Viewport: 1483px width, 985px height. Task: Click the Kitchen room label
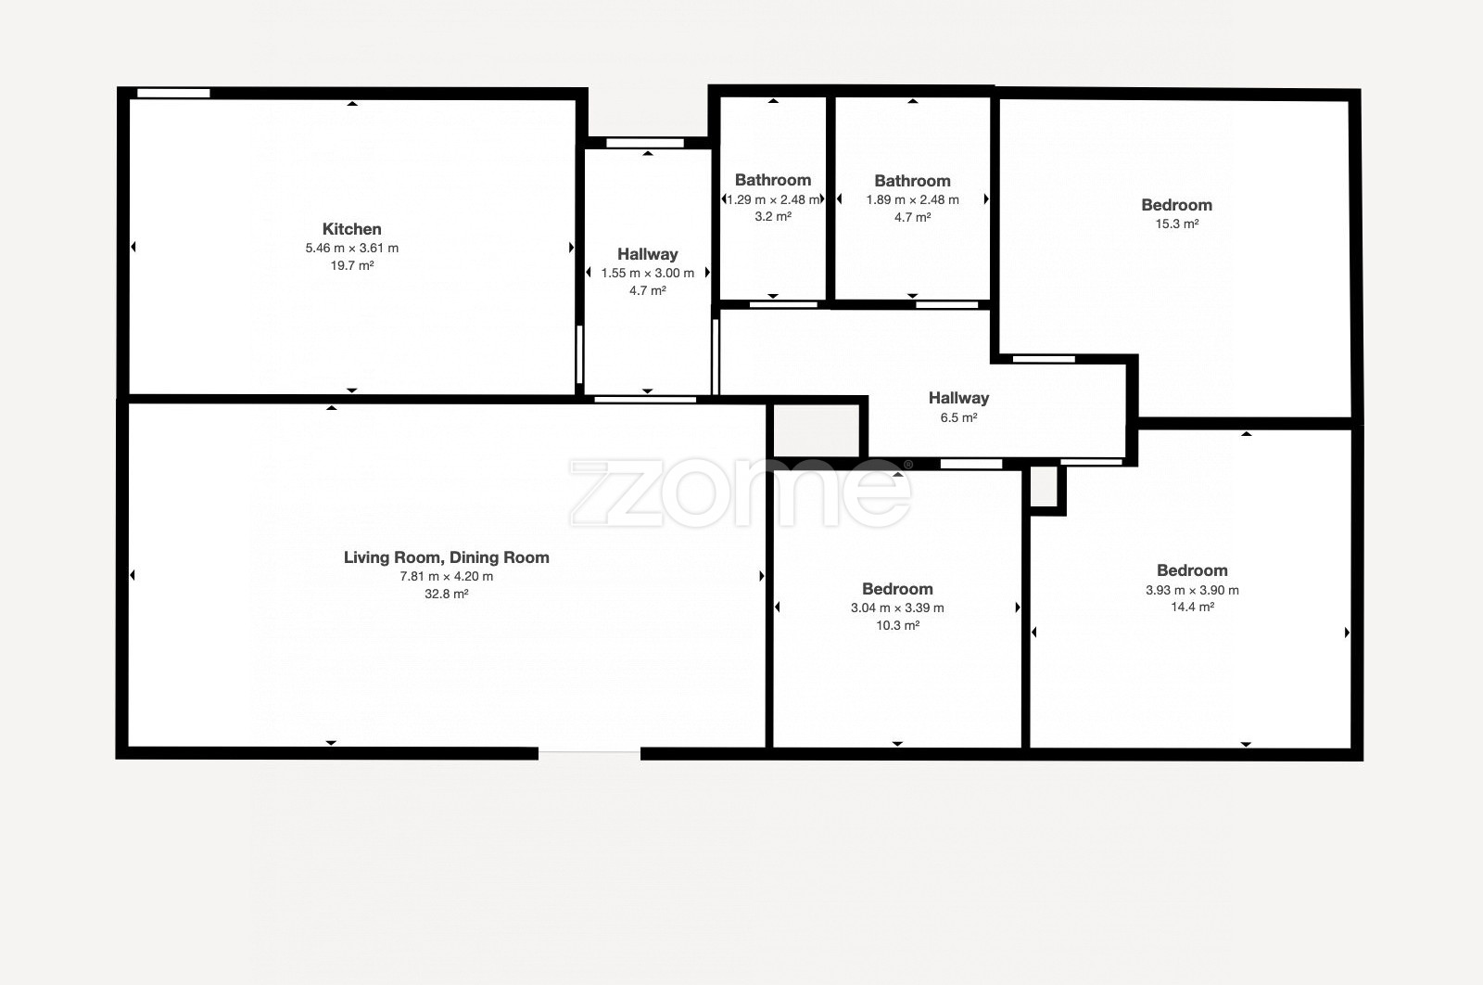[351, 229]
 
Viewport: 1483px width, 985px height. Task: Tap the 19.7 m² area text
[352, 265]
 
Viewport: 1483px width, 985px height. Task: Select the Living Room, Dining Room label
[446, 557]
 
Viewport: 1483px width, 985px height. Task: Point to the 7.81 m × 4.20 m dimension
[446, 576]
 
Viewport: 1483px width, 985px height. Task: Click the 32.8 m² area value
[446, 595]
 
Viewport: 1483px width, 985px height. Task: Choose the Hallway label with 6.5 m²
[958, 398]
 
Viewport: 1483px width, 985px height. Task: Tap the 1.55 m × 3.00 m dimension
[648, 273]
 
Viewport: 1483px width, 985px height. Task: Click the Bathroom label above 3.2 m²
[773, 180]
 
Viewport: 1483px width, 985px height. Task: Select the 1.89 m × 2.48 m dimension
[912, 200]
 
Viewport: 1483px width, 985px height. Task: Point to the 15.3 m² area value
[1177, 224]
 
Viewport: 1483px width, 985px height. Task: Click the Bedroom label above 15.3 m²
[1176, 205]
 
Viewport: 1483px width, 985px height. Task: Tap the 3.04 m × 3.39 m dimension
[897, 608]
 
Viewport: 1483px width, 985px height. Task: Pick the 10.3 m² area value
[898, 625]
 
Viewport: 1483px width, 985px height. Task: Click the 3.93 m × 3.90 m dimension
[1192, 590]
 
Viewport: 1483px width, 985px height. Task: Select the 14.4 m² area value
[1192, 607]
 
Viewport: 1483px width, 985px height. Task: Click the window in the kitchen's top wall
[173, 94]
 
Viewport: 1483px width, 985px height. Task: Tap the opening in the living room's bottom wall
[589, 753]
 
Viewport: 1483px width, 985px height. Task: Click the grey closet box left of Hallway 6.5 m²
[817, 430]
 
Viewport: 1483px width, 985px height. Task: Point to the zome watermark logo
[741, 492]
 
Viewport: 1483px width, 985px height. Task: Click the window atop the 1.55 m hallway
[645, 143]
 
